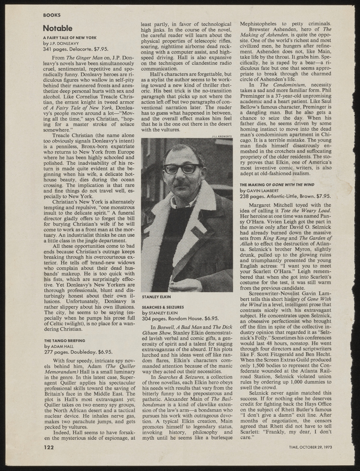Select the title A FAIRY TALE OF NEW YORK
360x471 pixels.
click(70, 37)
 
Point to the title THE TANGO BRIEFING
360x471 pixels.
click(63, 341)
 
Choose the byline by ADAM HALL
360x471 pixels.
click(59, 347)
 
